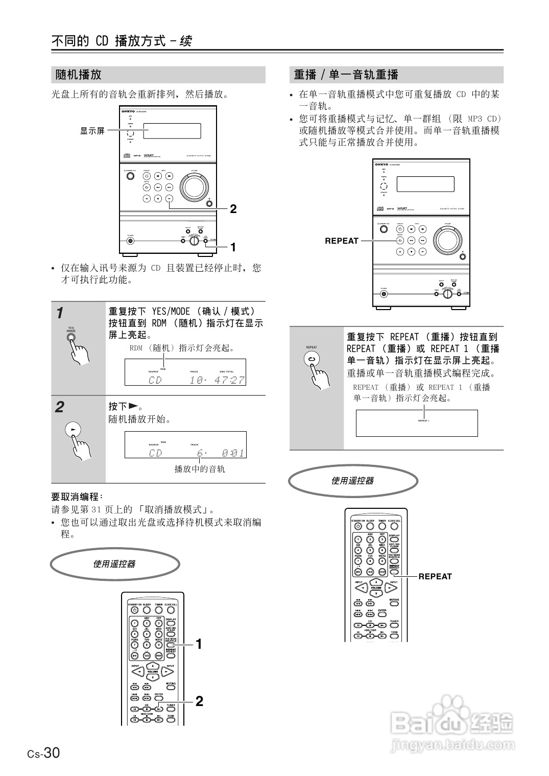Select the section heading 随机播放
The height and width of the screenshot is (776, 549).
[79, 75]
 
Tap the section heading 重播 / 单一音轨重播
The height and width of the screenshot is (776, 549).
[346, 75]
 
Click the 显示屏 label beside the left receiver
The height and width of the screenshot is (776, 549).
[92, 131]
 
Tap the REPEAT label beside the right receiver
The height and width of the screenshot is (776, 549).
[342, 241]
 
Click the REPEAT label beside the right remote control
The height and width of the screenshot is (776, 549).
[435, 576]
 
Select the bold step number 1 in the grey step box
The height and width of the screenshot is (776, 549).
[60, 312]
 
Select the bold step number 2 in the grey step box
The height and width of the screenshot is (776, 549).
[60, 407]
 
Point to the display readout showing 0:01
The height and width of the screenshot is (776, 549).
[232, 453]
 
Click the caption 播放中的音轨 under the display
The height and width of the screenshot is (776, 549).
[200, 468]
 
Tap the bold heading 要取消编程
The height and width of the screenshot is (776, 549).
[77, 497]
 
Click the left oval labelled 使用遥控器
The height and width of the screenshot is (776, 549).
[115, 564]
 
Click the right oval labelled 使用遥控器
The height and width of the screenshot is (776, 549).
[353, 481]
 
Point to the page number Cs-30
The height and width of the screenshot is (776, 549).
[44, 753]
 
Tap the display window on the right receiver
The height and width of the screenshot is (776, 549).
[425, 184]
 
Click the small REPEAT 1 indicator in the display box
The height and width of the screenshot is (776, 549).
[423, 420]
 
